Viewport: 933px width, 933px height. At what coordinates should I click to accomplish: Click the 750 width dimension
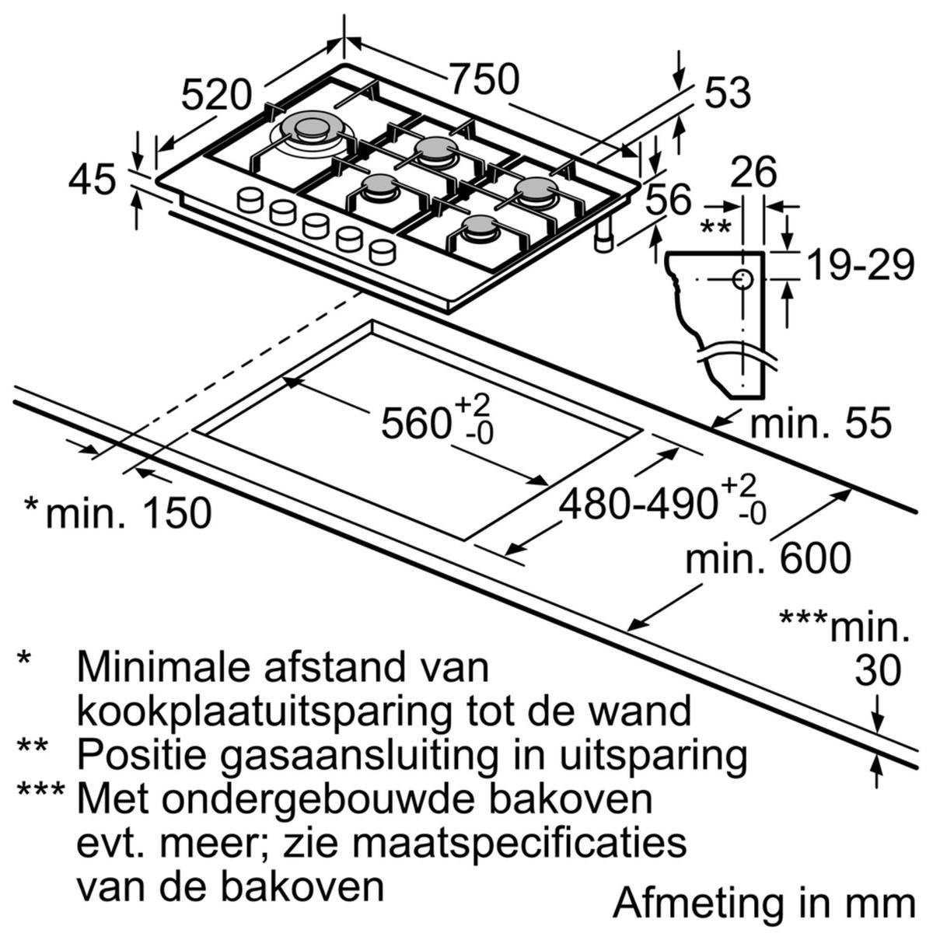coord(484,80)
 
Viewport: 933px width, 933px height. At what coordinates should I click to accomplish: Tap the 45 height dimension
coord(92,180)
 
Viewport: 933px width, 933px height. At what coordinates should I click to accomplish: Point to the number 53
coord(727,93)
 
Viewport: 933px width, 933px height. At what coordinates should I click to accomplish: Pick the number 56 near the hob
coord(668,200)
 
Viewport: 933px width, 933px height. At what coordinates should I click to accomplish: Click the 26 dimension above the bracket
coord(754,172)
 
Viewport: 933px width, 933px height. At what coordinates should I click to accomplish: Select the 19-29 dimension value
coord(860,266)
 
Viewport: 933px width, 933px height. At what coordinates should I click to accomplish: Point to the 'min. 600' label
coord(768,558)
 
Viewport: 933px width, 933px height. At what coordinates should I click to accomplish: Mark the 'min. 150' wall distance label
coord(128,513)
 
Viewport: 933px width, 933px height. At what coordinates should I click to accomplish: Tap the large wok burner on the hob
coord(313,129)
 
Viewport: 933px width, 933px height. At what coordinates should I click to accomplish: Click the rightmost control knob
coord(382,250)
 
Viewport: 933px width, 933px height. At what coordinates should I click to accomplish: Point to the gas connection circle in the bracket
coord(743,279)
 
